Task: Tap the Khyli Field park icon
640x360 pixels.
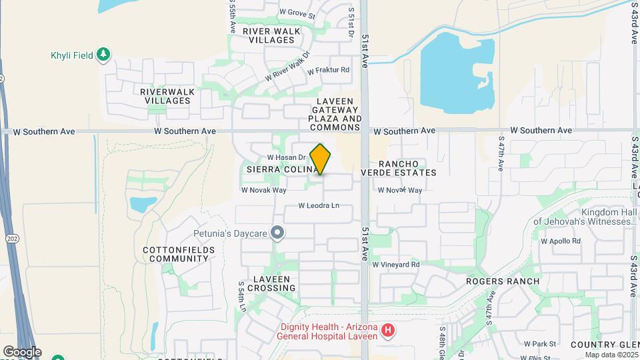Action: [x=103, y=55]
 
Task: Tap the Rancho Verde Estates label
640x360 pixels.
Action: [x=399, y=168]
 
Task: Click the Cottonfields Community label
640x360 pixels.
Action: [x=179, y=254]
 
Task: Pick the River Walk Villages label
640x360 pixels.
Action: [x=269, y=35]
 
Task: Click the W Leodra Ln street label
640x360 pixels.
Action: [x=319, y=205]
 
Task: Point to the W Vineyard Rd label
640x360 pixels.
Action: [x=396, y=265]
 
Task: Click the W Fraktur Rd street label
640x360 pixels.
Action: [x=327, y=69]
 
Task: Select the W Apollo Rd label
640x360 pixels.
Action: [x=561, y=241]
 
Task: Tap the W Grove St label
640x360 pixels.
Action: [x=297, y=12]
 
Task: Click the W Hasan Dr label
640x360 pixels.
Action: [x=286, y=157]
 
